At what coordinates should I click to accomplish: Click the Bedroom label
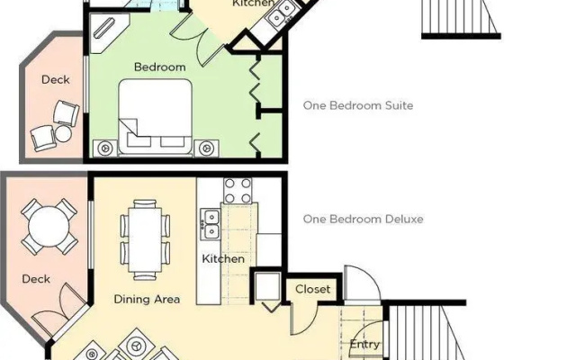(160, 67)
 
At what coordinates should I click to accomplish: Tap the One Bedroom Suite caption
(358, 106)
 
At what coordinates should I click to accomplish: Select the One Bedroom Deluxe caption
(364, 220)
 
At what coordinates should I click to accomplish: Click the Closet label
(313, 289)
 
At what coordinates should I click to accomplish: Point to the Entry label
(364, 345)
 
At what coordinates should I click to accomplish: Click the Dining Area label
(147, 299)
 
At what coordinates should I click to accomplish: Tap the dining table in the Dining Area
(145, 240)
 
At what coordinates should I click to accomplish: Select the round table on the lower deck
(49, 227)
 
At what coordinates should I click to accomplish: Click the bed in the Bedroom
(156, 118)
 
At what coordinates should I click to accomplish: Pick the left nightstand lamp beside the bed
(105, 148)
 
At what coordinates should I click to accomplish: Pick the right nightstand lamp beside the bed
(206, 148)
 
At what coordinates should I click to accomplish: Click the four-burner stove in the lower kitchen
(238, 191)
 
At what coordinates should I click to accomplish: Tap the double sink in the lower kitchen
(211, 223)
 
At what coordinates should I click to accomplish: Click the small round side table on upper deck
(64, 134)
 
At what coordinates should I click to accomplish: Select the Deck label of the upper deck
(56, 80)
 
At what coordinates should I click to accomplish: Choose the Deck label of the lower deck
(36, 279)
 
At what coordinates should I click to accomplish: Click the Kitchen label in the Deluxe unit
(223, 258)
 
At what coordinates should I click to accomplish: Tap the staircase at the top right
(460, 18)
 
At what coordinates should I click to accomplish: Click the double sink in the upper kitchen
(280, 14)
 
